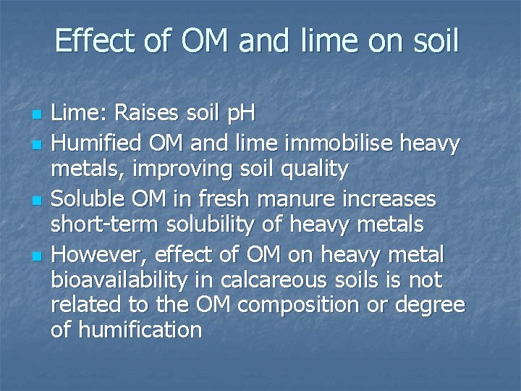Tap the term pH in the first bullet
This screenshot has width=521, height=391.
pos(240,114)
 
